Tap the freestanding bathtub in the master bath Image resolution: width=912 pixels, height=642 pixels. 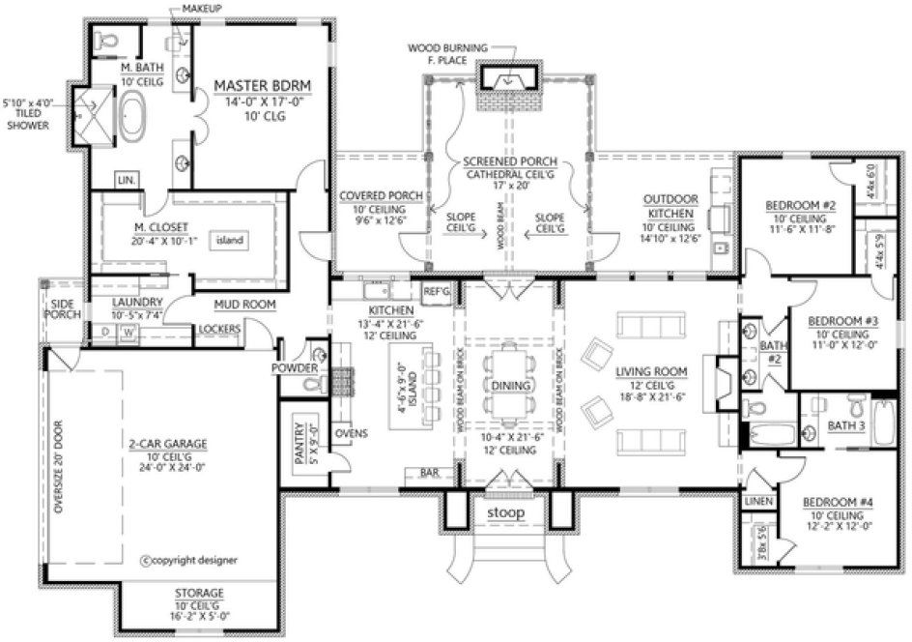tap(130, 118)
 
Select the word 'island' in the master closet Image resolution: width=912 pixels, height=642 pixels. tap(228, 240)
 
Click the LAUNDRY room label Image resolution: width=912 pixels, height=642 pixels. tap(135, 302)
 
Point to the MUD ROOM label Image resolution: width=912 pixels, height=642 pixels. tap(244, 305)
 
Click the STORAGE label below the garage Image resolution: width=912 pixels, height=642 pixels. tap(200, 593)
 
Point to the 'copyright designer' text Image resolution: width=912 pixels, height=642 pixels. tap(188, 560)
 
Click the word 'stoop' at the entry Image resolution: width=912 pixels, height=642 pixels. tap(506, 512)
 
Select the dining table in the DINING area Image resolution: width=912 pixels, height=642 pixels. tap(506, 382)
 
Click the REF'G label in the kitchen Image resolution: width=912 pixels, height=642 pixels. tap(437, 290)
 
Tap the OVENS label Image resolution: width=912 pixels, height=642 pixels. tap(352, 432)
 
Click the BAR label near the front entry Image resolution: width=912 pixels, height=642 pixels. tap(429, 473)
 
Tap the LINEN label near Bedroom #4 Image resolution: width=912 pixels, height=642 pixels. tap(757, 501)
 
